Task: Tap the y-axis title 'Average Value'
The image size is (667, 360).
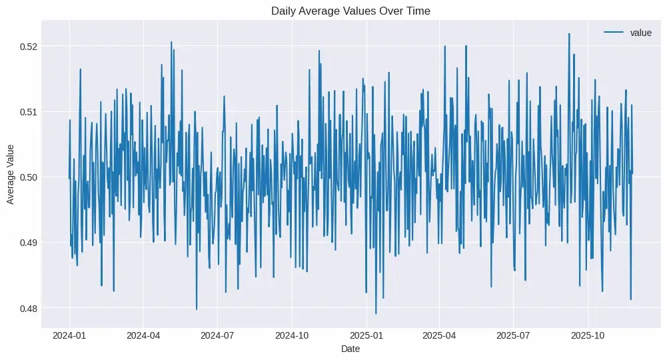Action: coord(11,177)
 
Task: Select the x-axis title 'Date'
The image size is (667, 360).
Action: coord(350,349)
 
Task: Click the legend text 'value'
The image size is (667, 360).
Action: coord(640,33)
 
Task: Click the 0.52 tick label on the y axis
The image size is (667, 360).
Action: coord(28,47)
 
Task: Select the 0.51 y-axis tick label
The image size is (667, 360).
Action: coord(28,112)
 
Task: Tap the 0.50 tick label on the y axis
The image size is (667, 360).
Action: coord(28,177)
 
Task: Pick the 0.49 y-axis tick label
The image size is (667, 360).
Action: coord(28,243)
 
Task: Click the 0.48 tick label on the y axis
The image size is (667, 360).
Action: coord(28,308)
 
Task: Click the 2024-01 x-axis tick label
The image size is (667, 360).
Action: coord(69,335)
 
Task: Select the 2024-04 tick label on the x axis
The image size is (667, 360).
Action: coord(143,335)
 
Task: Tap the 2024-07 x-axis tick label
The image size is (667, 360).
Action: coord(217,335)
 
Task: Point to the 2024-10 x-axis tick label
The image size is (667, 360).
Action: coord(292,335)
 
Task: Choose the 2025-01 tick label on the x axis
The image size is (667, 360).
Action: coord(366,335)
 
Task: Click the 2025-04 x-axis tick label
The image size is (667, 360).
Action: coord(440,335)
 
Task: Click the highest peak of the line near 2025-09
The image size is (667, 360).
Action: coord(569,33)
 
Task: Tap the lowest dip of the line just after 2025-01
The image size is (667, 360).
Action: coord(376,313)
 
